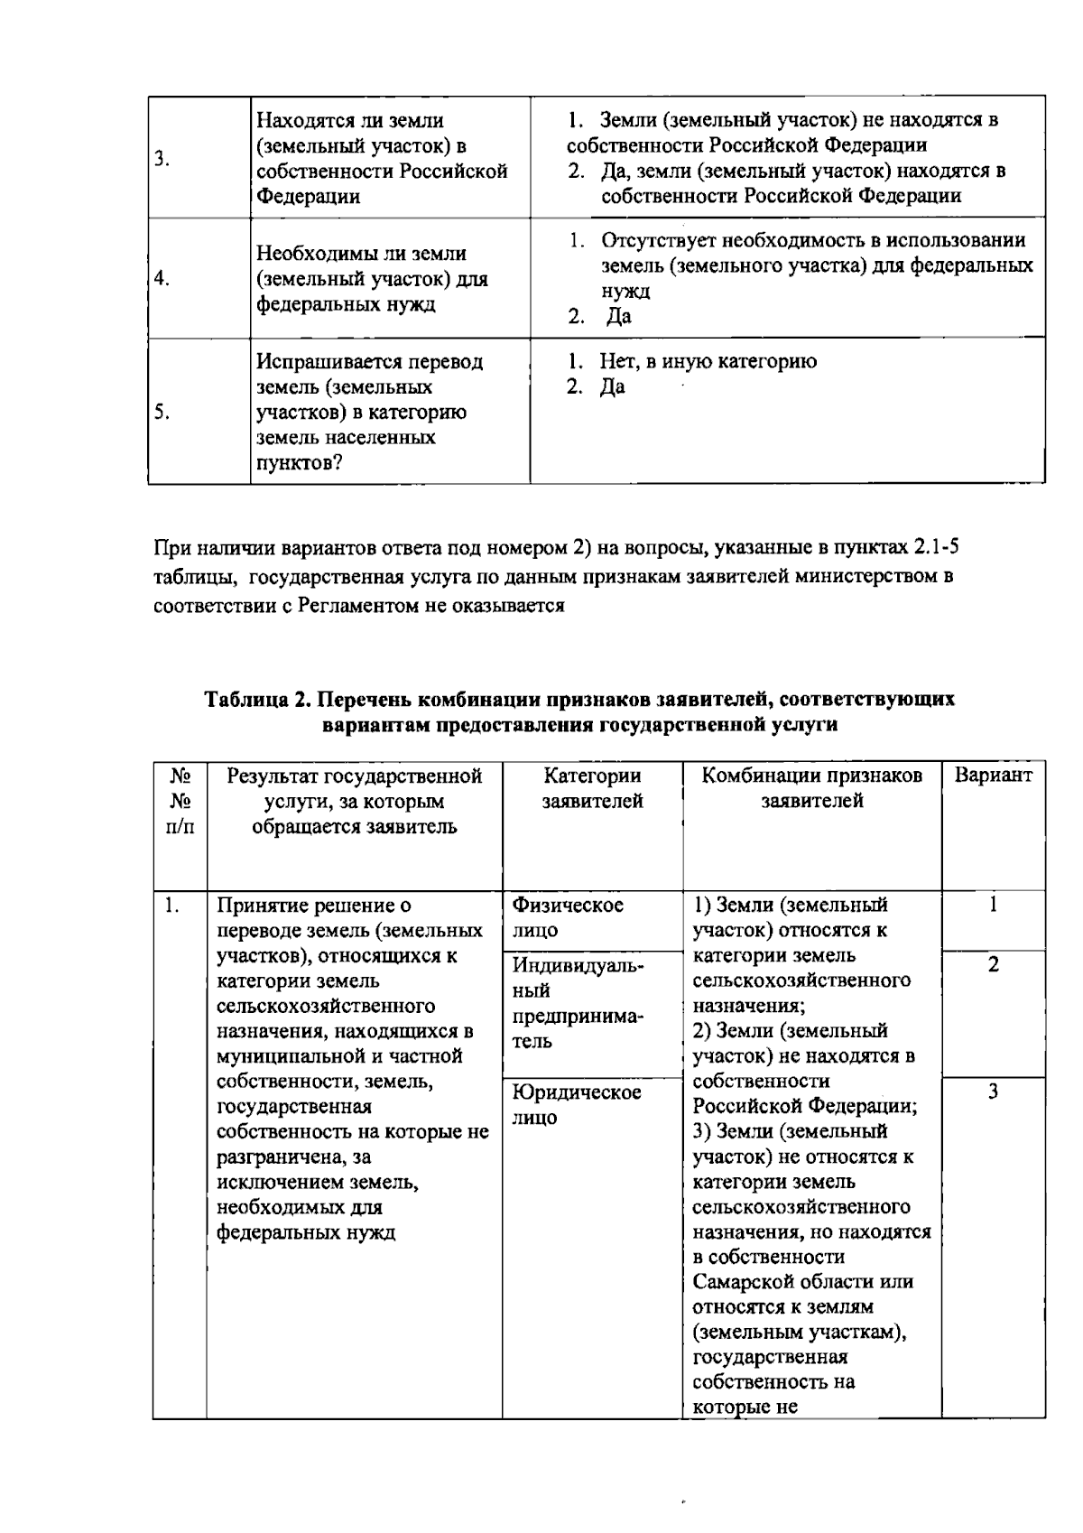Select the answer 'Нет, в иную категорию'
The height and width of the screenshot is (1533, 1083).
click(x=708, y=362)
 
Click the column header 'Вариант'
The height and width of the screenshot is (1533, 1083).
click(x=993, y=776)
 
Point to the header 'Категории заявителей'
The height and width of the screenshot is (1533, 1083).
click(x=592, y=788)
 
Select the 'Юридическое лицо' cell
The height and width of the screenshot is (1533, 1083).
click(x=577, y=1105)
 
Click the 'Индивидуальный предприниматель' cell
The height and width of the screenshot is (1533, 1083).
click(x=578, y=1003)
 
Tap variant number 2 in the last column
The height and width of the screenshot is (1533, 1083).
click(x=993, y=965)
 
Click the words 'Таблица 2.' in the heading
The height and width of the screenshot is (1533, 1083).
click(x=255, y=700)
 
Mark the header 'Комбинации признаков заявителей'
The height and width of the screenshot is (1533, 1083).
click(x=812, y=788)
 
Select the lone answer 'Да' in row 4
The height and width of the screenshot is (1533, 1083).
click(x=618, y=317)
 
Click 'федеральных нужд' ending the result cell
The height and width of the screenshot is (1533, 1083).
click(x=306, y=1232)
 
